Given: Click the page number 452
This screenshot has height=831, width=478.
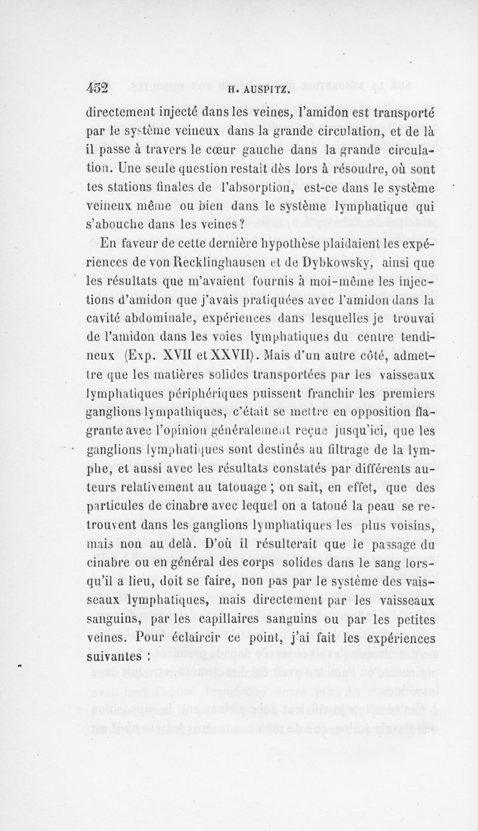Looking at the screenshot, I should point(96,88).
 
